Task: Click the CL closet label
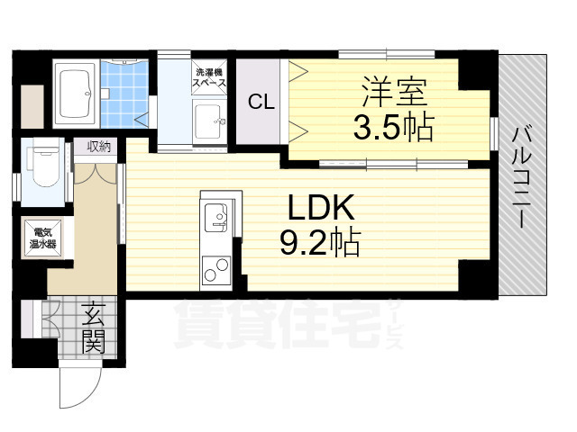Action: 261,101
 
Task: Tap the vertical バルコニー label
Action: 522,176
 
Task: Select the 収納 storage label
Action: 98,147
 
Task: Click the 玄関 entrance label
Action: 94,328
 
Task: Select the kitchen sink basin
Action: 216,217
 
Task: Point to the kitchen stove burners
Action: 216,267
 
